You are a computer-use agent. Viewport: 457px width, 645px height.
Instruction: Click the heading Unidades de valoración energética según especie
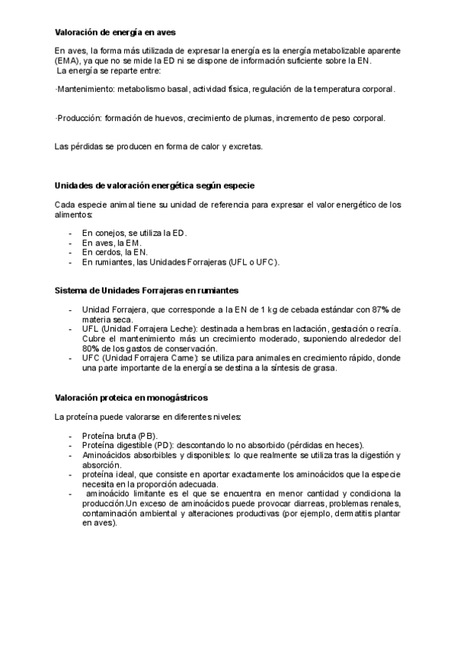[155, 186]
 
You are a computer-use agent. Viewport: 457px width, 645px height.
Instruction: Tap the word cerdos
[108, 252]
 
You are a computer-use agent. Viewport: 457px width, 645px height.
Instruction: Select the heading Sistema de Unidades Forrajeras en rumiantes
[147, 291]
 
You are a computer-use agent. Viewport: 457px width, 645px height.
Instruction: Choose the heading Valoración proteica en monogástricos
[131, 398]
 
